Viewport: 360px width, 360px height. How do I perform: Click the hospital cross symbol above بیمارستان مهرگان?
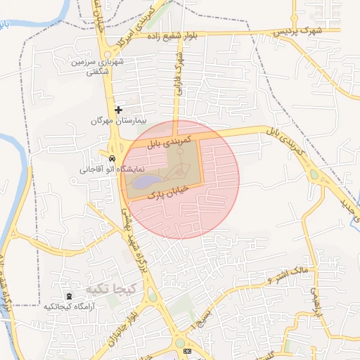(x=118, y=109)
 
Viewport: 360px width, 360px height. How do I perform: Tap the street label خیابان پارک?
(x=169, y=192)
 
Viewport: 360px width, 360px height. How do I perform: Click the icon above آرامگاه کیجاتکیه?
(x=68, y=296)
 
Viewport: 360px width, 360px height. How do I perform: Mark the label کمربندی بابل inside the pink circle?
(x=169, y=141)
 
